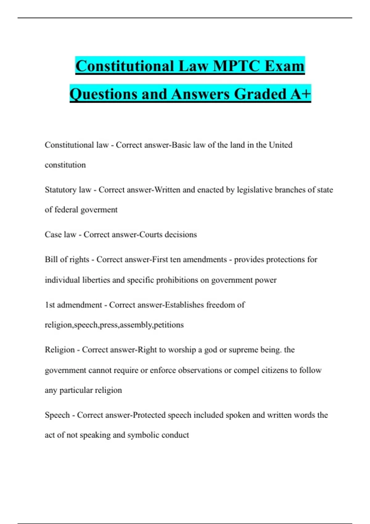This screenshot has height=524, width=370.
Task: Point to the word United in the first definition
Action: (281, 145)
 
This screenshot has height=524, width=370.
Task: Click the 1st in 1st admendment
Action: (50, 305)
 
